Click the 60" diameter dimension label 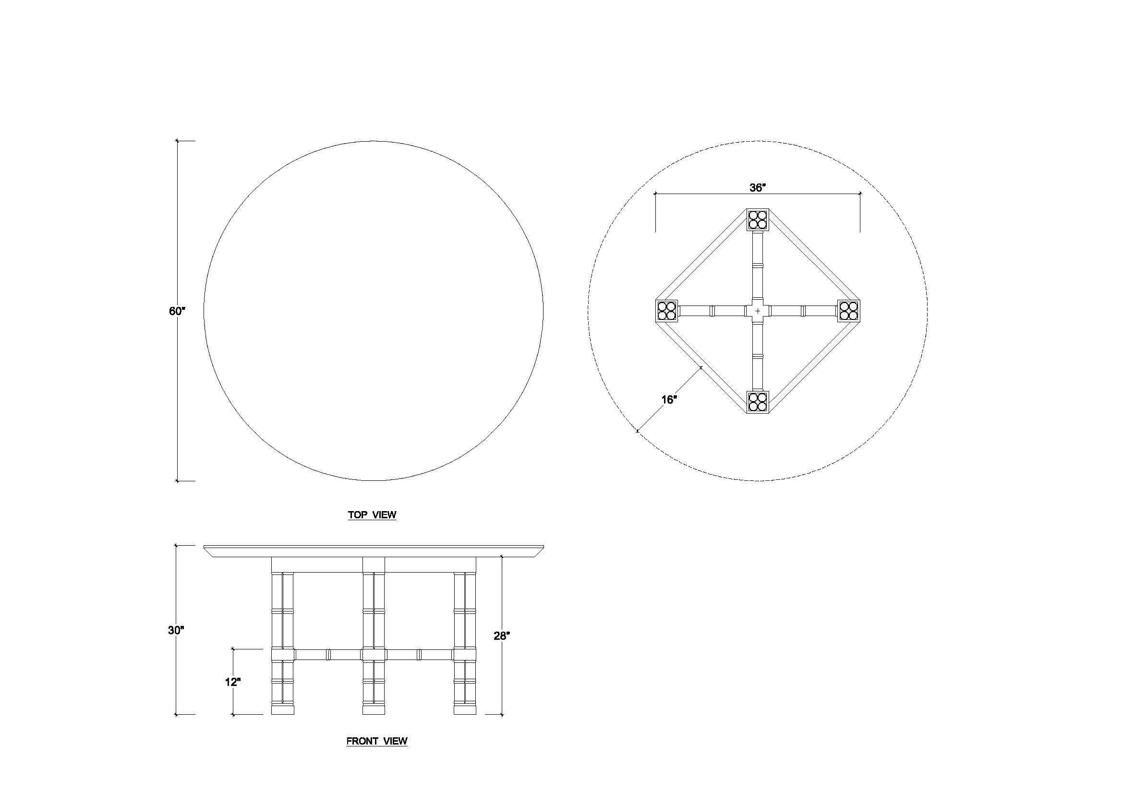tap(178, 311)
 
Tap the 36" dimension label tap(758, 188)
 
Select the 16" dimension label tap(669, 400)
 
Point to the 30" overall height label tap(176, 631)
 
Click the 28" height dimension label tap(502, 636)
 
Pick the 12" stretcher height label tap(233, 682)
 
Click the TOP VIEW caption tap(372, 514)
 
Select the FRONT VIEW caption tap(376, 741)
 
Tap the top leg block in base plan tap(758, 220)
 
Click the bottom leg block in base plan tap(758, 402)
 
